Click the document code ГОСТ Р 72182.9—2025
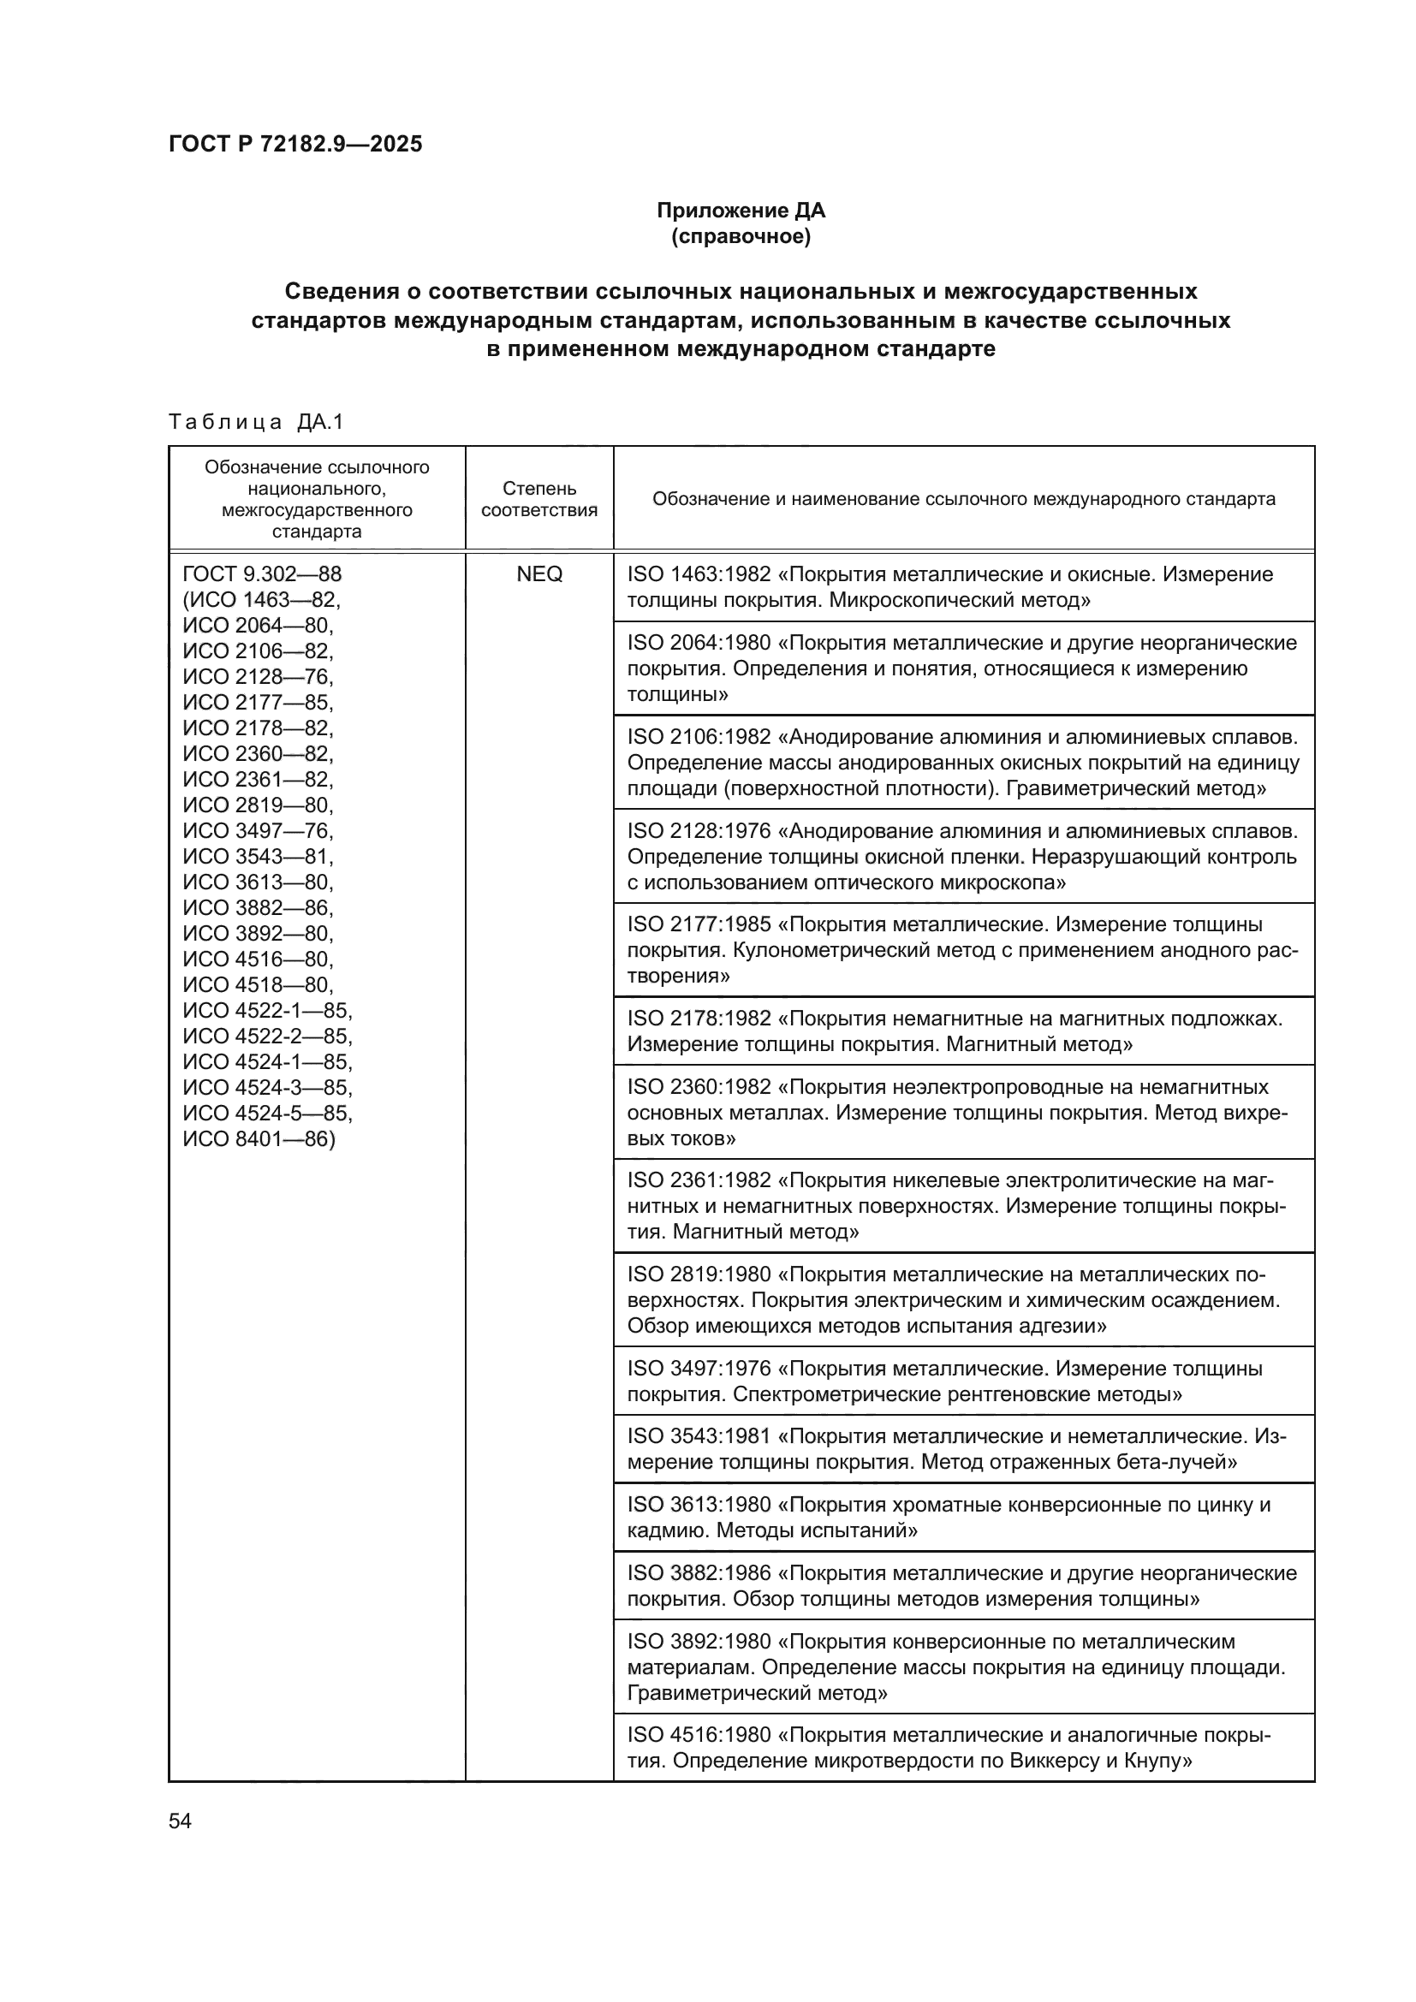click(x=295, y=144)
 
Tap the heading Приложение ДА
click(x=741, y=211)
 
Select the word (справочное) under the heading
click(x=741, y=236)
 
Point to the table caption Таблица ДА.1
click(x=256, y=422)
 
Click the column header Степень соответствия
click(x=538, y=499)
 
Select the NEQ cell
click(x=538, y=573)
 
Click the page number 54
click(x=180, y=1821)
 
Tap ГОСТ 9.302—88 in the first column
click(x=262, y=573)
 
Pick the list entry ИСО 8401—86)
click(x=258, y=1138)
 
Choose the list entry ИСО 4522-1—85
click(x=267, y=1011)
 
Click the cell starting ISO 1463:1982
click(x=962, y=587)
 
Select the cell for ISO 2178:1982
click(x=962, y=1031)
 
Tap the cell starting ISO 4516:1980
click(x=962, y=1748)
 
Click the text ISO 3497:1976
click(x=699, y=1368)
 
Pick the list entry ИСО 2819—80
click(x=257, y=804)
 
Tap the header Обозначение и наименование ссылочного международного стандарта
click(x=962, y=499)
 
